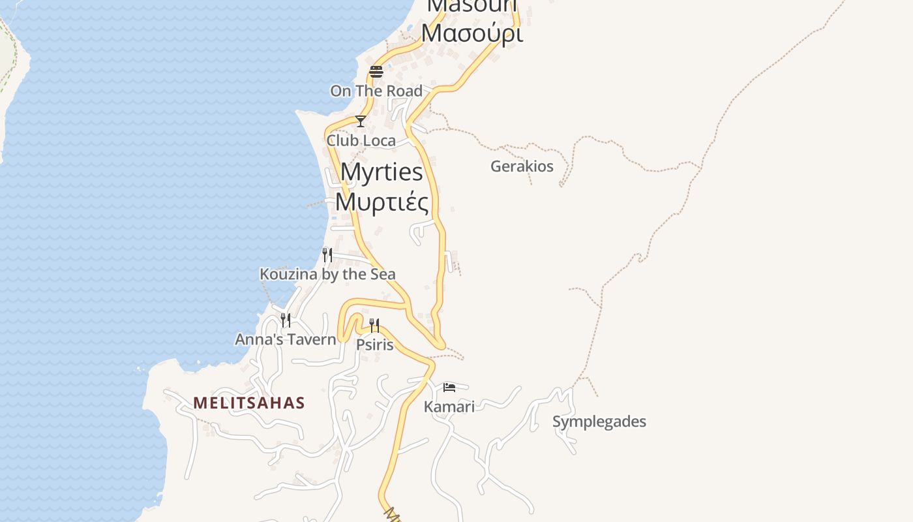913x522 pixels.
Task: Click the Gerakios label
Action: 522,166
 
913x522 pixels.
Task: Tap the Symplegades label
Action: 599,422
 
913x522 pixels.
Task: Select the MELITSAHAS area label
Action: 249,403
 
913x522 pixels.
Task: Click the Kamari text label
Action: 449,407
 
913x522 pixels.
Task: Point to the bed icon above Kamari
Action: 449,388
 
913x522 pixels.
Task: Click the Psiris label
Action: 375,345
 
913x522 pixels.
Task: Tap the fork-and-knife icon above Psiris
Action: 374,325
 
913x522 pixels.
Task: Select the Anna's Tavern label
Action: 286,339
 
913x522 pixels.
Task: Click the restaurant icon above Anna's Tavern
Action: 286,320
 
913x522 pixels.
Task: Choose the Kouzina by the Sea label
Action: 327,274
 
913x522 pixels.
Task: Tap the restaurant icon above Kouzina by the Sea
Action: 327,254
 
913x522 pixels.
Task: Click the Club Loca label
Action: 361,141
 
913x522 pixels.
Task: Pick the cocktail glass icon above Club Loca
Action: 360,121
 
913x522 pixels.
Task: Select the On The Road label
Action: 376,91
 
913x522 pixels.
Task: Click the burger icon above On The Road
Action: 376,71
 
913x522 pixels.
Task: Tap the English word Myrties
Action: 382,172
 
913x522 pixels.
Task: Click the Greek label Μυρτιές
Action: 382,202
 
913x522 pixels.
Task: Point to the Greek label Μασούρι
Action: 471,33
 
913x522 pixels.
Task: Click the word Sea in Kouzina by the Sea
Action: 382,274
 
